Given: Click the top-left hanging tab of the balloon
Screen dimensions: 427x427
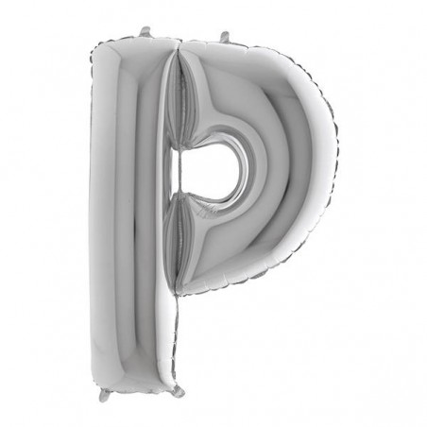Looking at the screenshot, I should [145, 31].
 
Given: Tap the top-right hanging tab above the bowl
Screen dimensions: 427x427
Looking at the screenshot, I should [226, 37].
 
